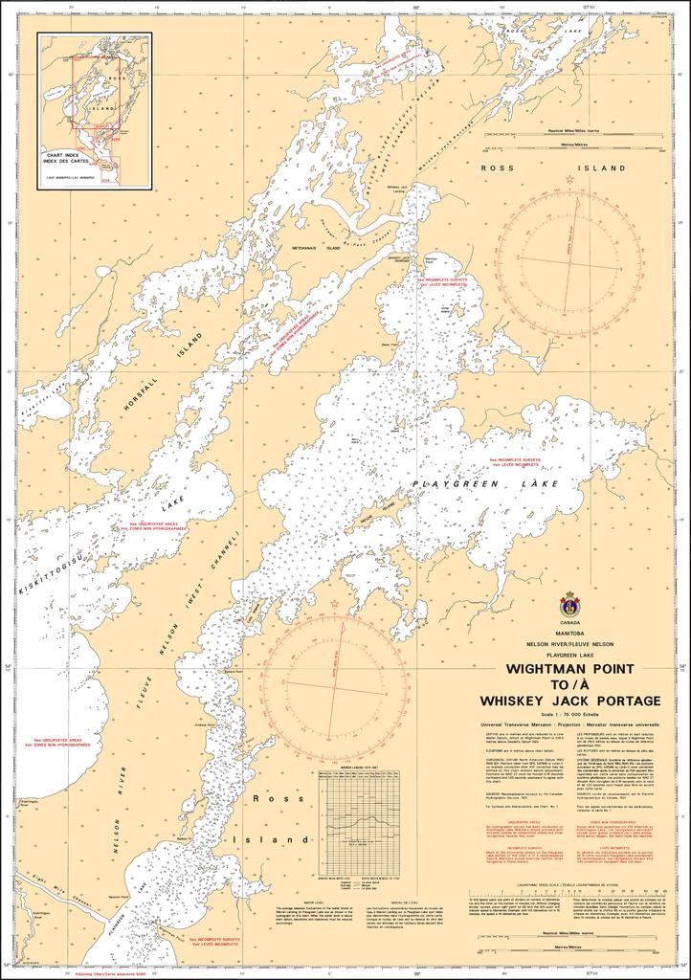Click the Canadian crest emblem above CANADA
(x=569, y=603)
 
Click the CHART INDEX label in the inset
(x=66, y=159)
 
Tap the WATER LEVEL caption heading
(x=316, y=901)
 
